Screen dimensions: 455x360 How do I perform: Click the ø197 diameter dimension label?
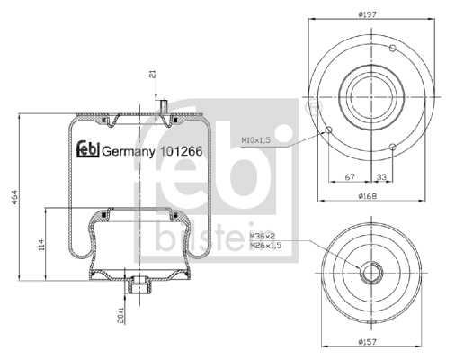click(x=367, y=14)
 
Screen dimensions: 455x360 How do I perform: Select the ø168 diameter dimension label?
click(x=367, y=196)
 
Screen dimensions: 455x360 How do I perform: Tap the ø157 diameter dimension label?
click(x=367, y=341)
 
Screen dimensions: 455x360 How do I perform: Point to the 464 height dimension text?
click(x=14, y=197)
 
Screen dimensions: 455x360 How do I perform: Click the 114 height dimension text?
click(x=41, y=245)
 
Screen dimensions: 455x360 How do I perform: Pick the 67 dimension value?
click(x=350, y=177)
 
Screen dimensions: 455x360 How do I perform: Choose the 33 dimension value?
click(x=381, y=177)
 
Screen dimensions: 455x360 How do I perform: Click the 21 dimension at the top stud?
click(x=153, y=74)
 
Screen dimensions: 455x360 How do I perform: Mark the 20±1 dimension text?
click(x=120, y=315)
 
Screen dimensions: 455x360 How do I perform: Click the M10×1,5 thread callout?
click(x=256, y=139)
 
